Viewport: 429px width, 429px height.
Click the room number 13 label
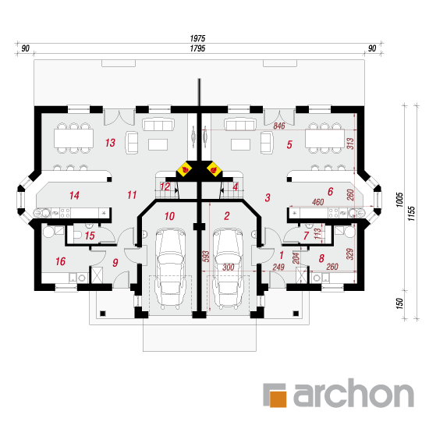point(110,143)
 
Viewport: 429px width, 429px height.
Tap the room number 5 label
point(289,144)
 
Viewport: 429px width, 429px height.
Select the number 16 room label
point(61,261)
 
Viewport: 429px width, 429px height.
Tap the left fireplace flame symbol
point(185,169)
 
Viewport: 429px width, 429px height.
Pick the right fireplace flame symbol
point(214,169)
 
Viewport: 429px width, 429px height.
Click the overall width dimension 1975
point(197,38)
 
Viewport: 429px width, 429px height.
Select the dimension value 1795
point(197,48)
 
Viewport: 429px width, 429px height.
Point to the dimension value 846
point(279,126)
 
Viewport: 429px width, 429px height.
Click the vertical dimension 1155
point(412,214)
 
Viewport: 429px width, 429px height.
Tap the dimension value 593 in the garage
point(206,257)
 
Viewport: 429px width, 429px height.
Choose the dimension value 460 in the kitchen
point(318,202)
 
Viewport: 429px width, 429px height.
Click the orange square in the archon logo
point(278,399)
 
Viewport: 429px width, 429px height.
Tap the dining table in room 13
point(73,138)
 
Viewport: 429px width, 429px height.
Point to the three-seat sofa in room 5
point(239,125)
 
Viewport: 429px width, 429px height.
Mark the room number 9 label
point(115,263)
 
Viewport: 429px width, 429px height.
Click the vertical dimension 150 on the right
point(399,303)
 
